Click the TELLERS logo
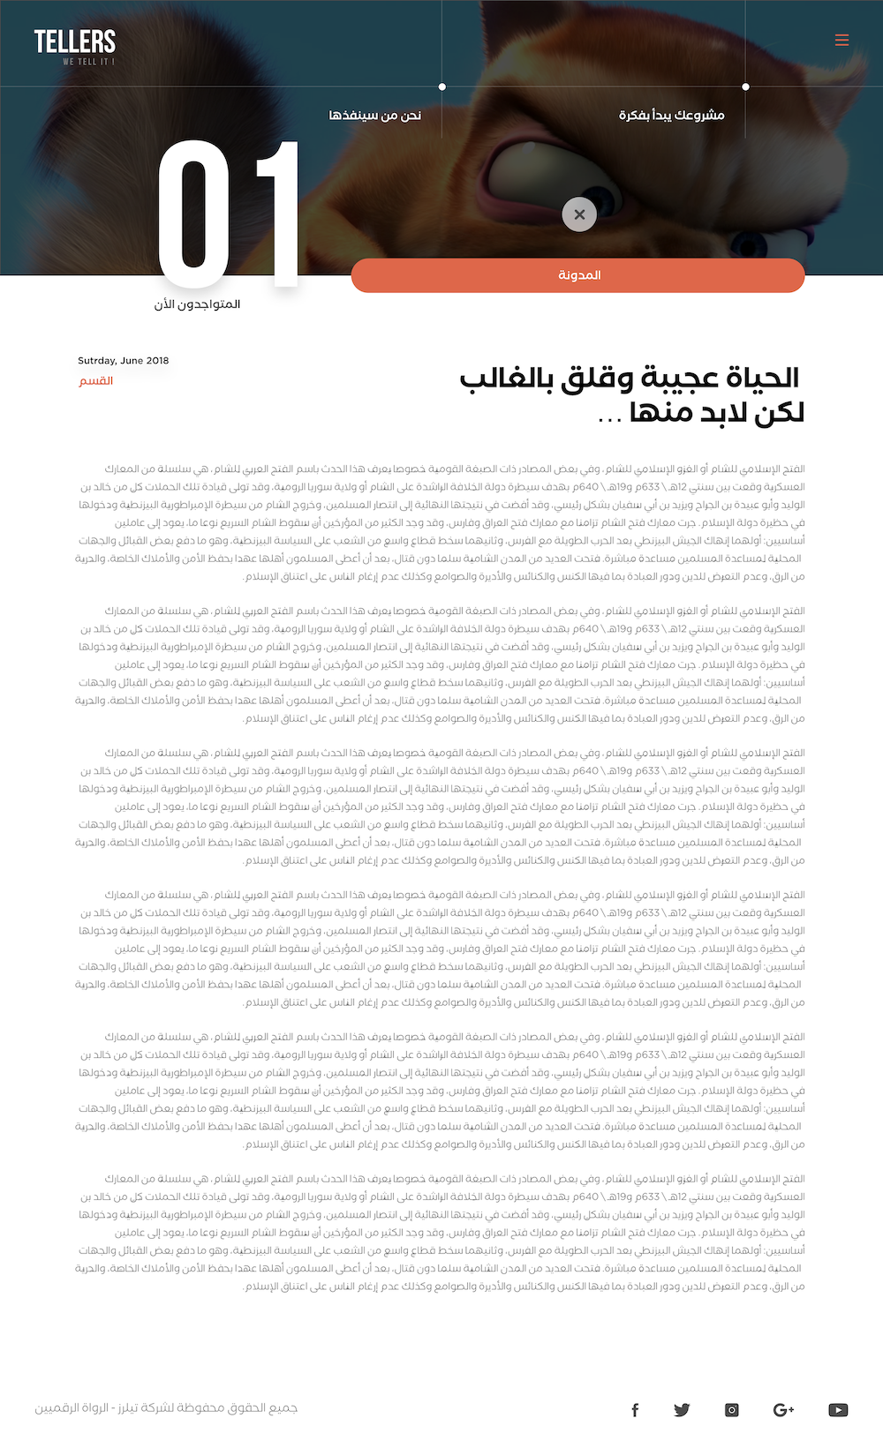coord(75,44)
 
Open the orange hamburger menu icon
coord(841,40)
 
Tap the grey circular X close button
coord(579,214)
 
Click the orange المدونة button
coord(578,275)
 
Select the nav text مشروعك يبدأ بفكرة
coord(671,115)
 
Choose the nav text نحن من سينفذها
coord(374,115)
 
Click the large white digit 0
coord(194,214)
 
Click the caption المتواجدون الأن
coord(198,304)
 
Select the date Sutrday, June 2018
coord(123,360)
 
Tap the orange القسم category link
coord(96,380)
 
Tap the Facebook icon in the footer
coord(635,1410)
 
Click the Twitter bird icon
coord(682,1410)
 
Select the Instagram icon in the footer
coord(732,1410)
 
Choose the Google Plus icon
coord(783,1410)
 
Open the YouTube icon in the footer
coord(838,1410)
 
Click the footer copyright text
coord(166,1407)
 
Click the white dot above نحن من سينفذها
coord(442,86)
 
